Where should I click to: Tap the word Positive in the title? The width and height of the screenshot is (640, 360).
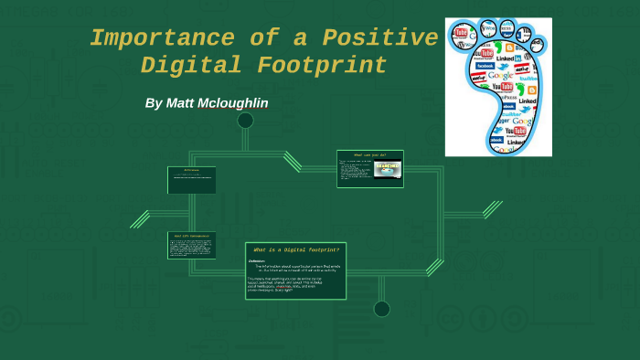click(379, 39)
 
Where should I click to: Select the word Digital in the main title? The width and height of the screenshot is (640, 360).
click(190, 67)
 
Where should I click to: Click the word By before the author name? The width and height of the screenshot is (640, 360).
click(154, 103)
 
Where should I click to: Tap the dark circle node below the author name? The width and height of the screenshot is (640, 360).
click(245, 121)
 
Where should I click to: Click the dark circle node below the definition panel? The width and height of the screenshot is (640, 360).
click(381, 309)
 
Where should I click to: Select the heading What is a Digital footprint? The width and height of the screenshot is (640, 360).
click(296, 249)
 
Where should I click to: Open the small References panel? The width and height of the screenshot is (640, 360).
click(192, 179)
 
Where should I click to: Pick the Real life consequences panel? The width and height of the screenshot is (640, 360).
click(192, 245)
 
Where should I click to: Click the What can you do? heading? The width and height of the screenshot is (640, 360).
click(370, 154)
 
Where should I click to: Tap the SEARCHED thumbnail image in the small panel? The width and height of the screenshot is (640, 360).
click(388, 169)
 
